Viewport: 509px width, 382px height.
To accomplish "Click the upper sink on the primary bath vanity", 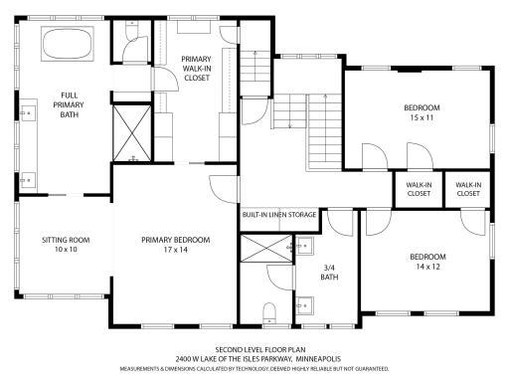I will [x=30, y=112].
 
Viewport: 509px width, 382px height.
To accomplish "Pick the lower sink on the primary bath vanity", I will [x=30, y=179].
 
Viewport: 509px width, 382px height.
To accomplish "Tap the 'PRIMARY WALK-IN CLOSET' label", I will [x=196, y=69].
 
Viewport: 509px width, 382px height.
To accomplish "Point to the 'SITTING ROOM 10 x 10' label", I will [x=66, y=245].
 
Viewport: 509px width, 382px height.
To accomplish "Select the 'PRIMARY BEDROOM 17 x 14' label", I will [x=175, y=245].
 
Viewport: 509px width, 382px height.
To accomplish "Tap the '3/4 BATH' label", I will [x=331, y=271].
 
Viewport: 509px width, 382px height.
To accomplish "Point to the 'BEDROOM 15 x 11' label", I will [x=421, y=112].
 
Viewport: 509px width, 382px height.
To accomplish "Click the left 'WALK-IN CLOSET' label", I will [x=419, y=189].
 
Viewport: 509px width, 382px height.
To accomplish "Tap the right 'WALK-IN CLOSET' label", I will [x=468, y=189].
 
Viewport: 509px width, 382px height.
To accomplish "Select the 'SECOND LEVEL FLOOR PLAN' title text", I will [x=254, y=350].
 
